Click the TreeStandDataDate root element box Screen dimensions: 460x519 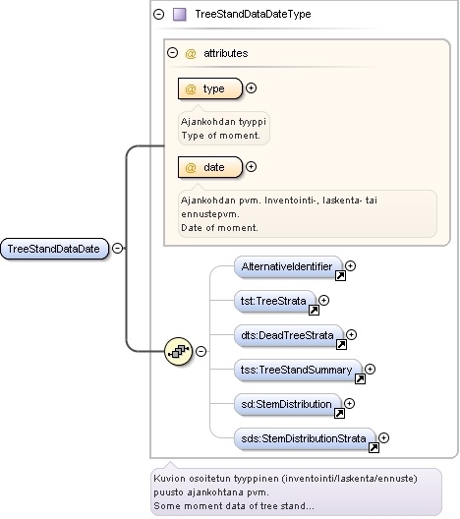click(x=55, y=249)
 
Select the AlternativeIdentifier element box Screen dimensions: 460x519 click(x=288, y=266)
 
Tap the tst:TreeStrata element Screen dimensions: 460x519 click(x=275, y=301)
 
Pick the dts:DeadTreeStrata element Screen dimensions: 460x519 click(x=289, y=335)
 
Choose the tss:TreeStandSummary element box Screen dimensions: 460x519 click(x=298, y=370)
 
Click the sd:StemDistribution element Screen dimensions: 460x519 click(x=288, y=404)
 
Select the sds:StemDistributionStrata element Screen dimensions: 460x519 click(x=305, y=438)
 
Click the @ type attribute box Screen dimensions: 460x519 click(x=210, y=88)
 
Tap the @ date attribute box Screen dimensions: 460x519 click(x=210, y=167)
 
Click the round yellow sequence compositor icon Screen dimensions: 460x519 click(x=178, y=351)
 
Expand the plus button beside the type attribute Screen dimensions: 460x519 click(x=252, y=88)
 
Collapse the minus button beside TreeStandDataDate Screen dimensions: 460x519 click(x=118, y=249)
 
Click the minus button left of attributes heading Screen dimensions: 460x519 click(x=172, y=53)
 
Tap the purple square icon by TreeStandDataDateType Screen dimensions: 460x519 click(x=180, y=15)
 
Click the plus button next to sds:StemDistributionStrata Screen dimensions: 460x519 click(x=383, y=438)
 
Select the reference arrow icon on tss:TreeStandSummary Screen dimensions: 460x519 click(x=360, y=378)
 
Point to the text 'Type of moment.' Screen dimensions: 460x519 click(x=220, y=136)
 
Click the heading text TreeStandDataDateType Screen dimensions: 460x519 click(x=253, y=14)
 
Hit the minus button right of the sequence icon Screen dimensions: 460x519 click(x=201, y=351)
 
